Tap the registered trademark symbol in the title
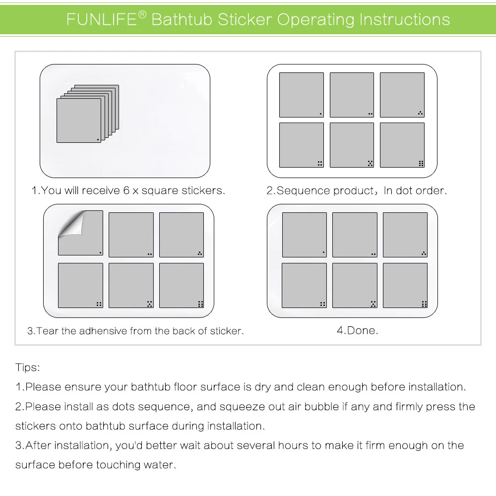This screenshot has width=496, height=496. (142, 15)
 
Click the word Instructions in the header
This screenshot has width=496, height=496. (404, 20)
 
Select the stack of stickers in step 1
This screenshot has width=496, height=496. (87, 114)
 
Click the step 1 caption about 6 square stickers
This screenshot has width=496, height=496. (128, 190)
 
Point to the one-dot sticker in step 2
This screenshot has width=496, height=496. (301, 95)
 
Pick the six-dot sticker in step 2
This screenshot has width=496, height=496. (402, 145)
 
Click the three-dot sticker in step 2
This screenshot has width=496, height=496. (402, 95)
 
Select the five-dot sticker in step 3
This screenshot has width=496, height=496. (131, 285)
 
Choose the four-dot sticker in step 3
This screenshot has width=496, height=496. (80, 285)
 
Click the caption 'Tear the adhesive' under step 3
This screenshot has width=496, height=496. (135, 331)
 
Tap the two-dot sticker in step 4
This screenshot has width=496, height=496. (355, 235)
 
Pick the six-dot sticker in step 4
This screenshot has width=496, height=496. (405, 285)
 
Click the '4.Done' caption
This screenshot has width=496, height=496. (358, 330)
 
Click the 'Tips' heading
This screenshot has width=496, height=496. (27, 368)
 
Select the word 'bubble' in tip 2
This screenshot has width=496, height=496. (322, 407)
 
